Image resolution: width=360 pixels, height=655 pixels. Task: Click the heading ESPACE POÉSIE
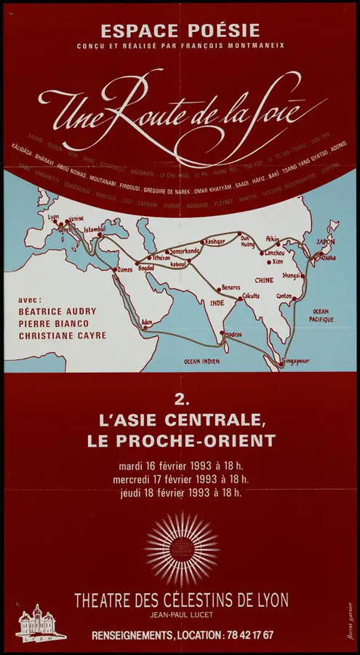coord(180,31)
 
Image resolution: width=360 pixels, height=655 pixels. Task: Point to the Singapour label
coord(294,360)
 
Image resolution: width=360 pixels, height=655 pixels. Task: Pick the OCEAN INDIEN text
coord(201,361)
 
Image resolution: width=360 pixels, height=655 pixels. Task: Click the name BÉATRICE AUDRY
coord(57,311)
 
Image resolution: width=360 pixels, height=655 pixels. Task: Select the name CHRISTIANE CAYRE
coord(62,336)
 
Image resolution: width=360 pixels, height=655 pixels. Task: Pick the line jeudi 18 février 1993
coord(180,493)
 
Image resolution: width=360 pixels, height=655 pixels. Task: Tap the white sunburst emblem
coord(181,549)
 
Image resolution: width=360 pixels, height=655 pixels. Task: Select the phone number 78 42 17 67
coord(248,635)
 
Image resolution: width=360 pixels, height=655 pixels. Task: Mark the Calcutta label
coord(251,295)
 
